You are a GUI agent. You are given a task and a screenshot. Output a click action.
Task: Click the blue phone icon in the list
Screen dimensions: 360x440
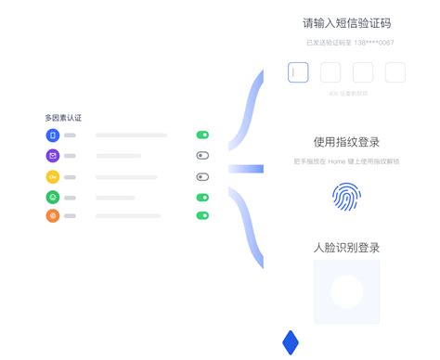(x=53, y=135)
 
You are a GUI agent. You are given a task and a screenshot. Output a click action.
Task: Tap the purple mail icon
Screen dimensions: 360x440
(x=53, y=156)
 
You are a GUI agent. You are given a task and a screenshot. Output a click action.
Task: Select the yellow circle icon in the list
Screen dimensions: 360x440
(x=53, y=176)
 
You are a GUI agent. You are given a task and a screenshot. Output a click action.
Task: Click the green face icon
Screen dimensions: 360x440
(x=53, y=197)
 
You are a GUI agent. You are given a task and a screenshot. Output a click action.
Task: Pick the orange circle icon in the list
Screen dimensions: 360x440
(x=53, y=216)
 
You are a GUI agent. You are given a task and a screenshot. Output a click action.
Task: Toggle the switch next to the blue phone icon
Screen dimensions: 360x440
(x=202, y=135)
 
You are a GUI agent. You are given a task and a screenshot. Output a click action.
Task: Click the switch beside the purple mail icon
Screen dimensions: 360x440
(x=202, y=156)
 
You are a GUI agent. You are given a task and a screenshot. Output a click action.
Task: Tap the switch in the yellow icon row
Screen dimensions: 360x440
(x=202, y=176)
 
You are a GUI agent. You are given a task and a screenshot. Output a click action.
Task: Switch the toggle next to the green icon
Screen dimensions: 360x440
(x=202, y=197)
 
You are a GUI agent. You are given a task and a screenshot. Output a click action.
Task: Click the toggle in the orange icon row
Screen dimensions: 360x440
(x=202, y=216)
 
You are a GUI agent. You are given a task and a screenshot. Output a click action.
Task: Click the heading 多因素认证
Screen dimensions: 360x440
(x=63, y=118)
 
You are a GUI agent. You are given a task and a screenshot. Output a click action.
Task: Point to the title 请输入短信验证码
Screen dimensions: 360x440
(x=346, y=23)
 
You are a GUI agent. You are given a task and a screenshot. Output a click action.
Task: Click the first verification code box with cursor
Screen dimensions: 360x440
(x=298, y=72)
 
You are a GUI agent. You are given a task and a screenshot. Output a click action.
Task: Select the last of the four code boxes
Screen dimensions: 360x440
(x=395, y=72)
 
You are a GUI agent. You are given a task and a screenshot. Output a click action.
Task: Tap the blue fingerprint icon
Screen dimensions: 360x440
(x=346, y=196)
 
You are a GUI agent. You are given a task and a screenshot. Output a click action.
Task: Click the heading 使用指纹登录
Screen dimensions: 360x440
(x=346, y=142)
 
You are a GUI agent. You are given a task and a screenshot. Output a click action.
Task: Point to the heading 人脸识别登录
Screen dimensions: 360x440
(x=346, y=248)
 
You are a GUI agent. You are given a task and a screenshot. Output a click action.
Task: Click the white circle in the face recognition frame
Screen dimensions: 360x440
(x=346, y=292)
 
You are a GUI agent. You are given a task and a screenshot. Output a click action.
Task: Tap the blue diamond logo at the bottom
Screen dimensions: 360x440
(x=291, y=342)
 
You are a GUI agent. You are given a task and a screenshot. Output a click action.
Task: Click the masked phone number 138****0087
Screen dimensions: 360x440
(x=376, y=43)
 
